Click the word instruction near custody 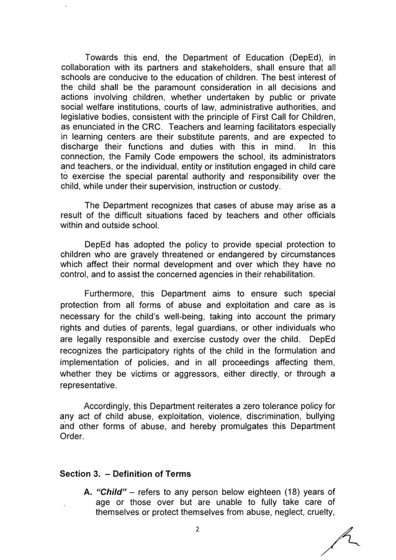point(214,187)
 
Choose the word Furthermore point(116,295)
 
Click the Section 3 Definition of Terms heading point(125,474)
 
